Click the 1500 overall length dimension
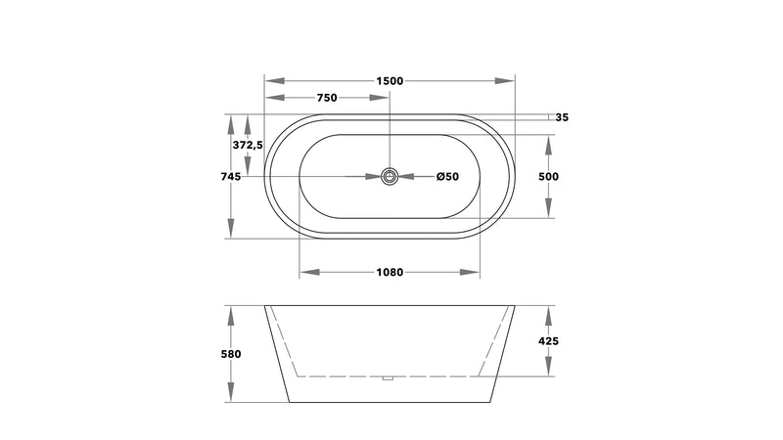click(390, 81)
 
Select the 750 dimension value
click(327, 98)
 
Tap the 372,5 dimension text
click(248, 145)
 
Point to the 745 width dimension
click(231, 177)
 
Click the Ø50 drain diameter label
click(447, 177)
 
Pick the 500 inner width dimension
click(548, 177)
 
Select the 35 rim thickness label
click(562, 117)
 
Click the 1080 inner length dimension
click(390, 273)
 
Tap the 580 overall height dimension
click(231, 354)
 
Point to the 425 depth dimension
click(548, 341)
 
